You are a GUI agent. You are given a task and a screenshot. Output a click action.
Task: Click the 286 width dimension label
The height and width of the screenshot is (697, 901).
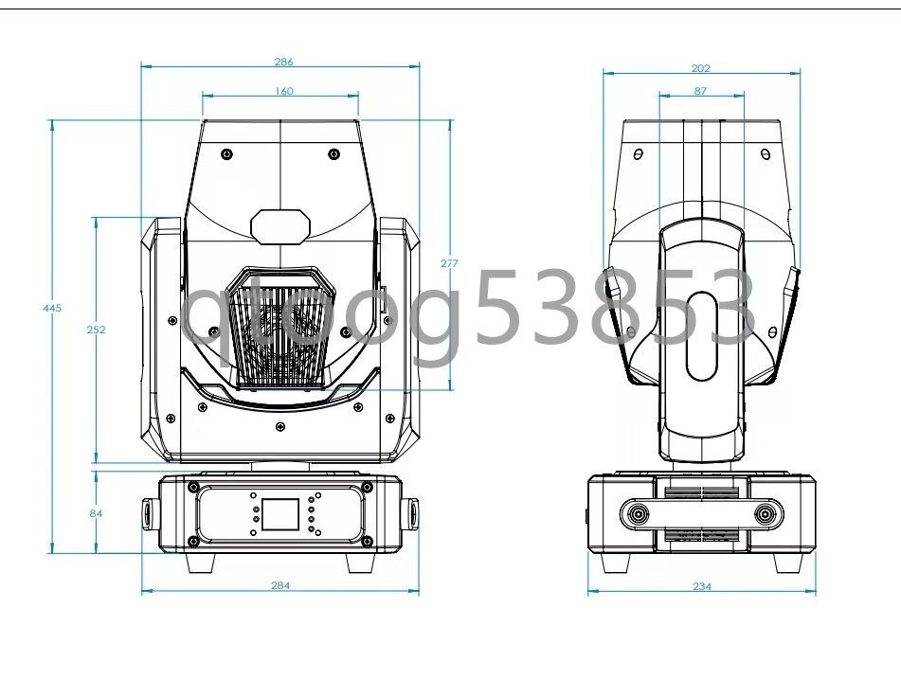click(283, 62)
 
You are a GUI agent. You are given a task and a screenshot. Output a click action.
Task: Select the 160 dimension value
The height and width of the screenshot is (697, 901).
click(283, 91)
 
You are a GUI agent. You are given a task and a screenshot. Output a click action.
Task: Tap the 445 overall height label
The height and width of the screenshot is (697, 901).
click(52, 308)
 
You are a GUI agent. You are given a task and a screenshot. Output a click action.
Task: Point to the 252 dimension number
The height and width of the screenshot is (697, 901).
click(96, 330)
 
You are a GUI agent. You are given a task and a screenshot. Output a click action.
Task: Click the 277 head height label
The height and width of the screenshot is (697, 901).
click(449, 263)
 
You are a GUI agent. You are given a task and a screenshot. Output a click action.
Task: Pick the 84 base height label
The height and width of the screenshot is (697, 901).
click(96, 513)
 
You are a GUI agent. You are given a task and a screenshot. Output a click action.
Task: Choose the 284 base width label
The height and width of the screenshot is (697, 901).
click(280, 585)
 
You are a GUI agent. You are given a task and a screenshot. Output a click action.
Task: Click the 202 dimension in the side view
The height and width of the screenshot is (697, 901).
click(700, 68)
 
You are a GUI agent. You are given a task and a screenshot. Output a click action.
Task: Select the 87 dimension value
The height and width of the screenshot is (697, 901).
click(700, 91)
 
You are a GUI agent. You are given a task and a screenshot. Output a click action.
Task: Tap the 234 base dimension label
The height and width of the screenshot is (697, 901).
click(702, 586)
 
